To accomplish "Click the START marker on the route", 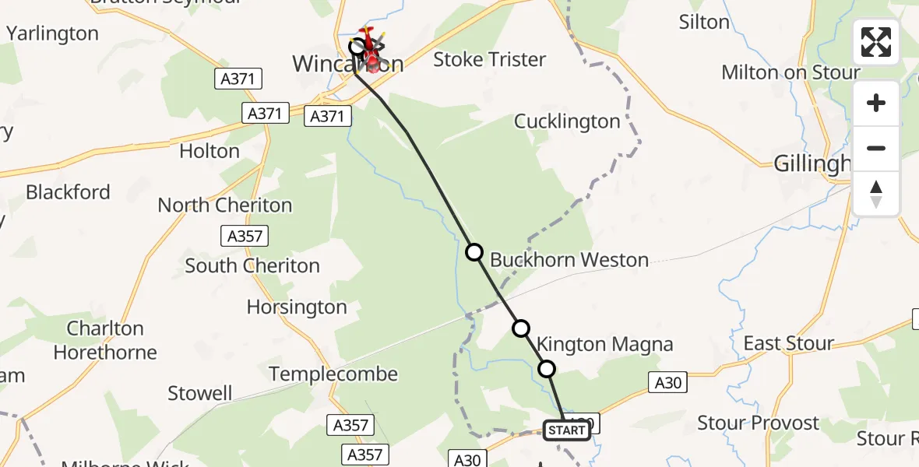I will tap(566, 430).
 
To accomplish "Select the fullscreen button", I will tap(875, 42).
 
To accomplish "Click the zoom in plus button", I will tap(876, 103).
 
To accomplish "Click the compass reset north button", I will tap(876, 194).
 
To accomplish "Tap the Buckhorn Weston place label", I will tap(569, 260).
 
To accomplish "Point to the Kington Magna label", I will tap(604, 344).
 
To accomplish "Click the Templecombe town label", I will tap(333, 374).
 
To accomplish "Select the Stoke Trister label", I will tap(489, 59).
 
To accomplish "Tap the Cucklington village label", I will tap(567, 121).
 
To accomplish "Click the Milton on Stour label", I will tap(790, 72).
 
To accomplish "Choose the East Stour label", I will tap(788, 343).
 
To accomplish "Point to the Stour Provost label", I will tap(758, 423).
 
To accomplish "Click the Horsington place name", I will tap(297, 307).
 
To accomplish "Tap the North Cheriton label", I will tap(225, 205).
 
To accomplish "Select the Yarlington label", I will tap(52, 33).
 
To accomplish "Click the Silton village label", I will tap(704, 22).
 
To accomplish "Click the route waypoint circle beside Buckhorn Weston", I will tap(474, 252).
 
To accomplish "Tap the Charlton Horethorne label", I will tap(105, 340).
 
